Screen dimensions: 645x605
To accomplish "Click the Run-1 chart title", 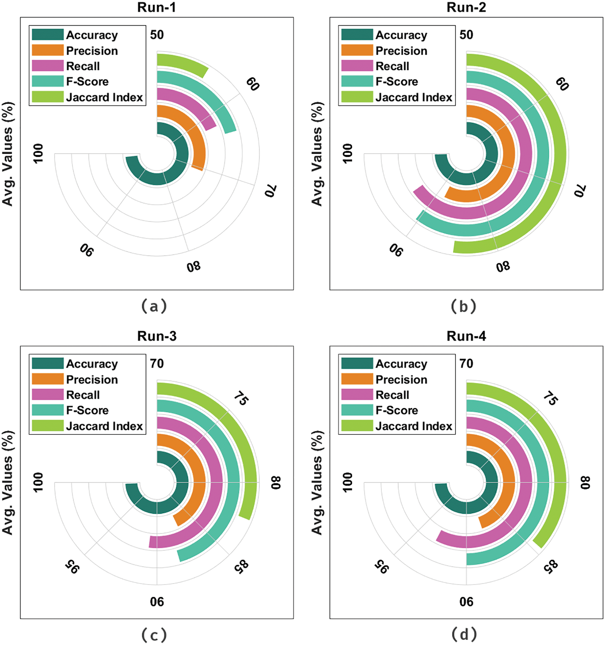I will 156,7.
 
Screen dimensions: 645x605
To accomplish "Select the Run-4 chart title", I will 466,336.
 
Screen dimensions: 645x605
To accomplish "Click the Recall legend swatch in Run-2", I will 357,66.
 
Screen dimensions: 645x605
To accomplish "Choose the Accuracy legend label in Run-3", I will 92,364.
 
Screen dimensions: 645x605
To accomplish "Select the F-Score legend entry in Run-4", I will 397,411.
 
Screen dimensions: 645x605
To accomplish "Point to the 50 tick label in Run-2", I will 466,35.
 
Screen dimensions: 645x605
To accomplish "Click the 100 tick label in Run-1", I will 38,154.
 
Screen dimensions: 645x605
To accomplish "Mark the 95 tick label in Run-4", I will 381,567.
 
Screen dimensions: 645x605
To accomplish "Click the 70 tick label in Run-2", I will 580,190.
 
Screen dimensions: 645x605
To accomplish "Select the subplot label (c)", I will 154,635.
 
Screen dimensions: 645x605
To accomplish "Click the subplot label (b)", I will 463,306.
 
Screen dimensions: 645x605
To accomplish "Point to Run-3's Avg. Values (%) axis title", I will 8,483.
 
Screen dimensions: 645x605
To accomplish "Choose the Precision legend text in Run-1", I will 92,51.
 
